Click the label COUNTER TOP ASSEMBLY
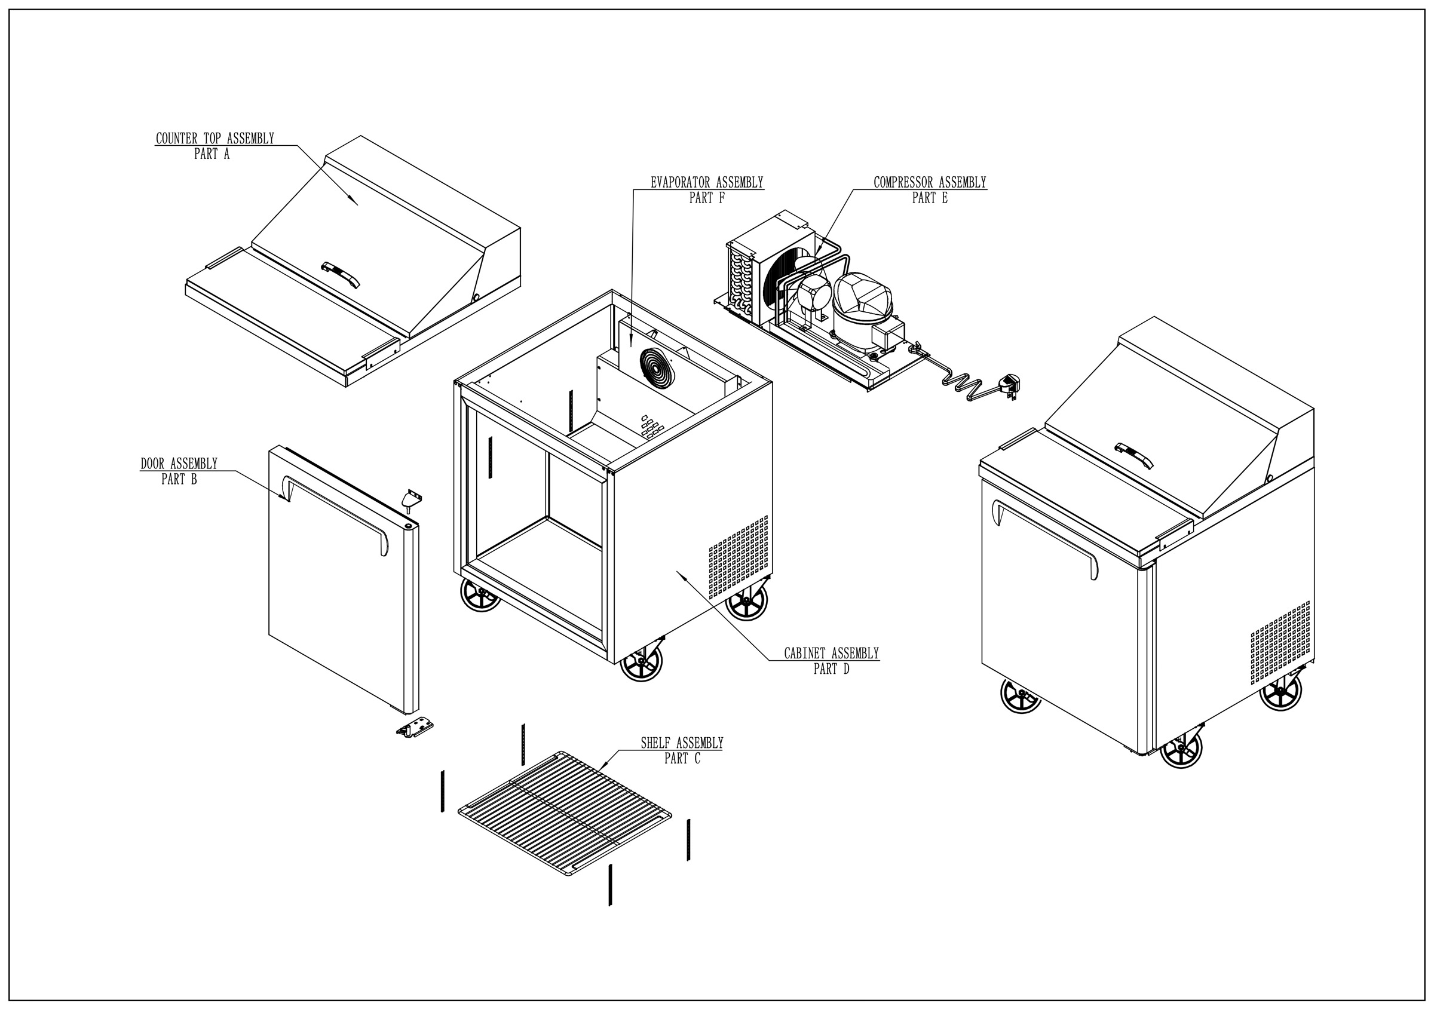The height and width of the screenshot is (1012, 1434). pyautogui.click(x=215, y=139)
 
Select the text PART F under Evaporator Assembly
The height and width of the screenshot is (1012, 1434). pyautogui.click(x=707, y=198)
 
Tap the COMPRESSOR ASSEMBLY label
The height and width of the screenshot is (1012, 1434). pyautogui.click(x=929, y=182)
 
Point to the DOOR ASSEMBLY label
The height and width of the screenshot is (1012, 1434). pyautogui.click(x=179, y=463)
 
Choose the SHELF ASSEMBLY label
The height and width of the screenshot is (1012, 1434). pyautogui.click(x=681, y=743)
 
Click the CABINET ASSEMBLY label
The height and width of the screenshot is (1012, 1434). pyautogui.click(x=831, y=653)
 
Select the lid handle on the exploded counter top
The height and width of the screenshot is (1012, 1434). pyautogui.click(x=341, y=274)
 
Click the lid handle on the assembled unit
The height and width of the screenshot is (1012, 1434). pyautogui.click(x=1134, y=455)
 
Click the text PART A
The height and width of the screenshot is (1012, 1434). pyautogui.click(x=212, y=154)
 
